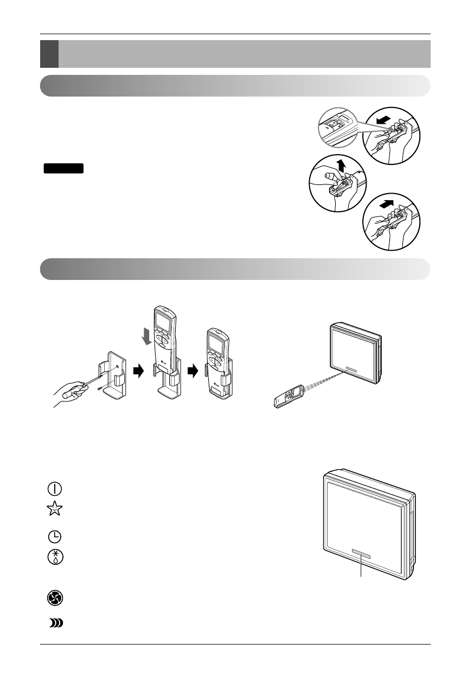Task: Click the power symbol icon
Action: coord(54,488)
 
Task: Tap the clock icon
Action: coord(54,537)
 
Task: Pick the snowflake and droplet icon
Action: coord(54,558)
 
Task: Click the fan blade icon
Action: coord(54,598)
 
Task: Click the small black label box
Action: coord(63,168)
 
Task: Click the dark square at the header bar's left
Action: coord(49,53)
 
